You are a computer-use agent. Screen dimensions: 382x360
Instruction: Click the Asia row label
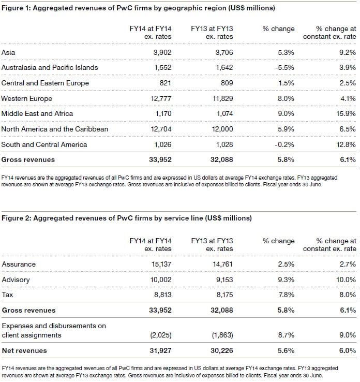[8, 52]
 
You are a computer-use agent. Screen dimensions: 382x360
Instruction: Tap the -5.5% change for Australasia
[284, 68]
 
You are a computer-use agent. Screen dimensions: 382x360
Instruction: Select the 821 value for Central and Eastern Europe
[164, 83]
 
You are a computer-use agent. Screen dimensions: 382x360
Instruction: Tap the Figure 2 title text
[127, 218]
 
